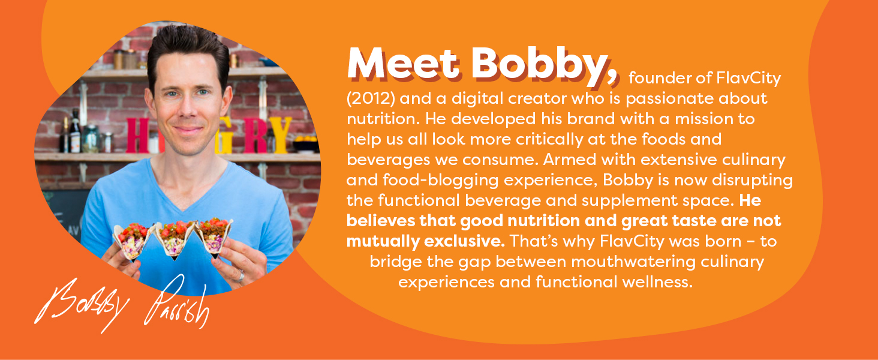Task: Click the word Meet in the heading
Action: click(x=403, y=64)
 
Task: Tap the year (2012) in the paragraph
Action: click(x=371, y=98)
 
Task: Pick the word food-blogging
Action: click(x=440, y=181)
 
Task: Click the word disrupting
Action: click(x=752, y=181)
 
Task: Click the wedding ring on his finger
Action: click(x=241, y=276)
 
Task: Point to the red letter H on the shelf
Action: click(x=138, y=136)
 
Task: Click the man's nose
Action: click(x=187, y=109)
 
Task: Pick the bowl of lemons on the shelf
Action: click(x=305, y=144)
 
